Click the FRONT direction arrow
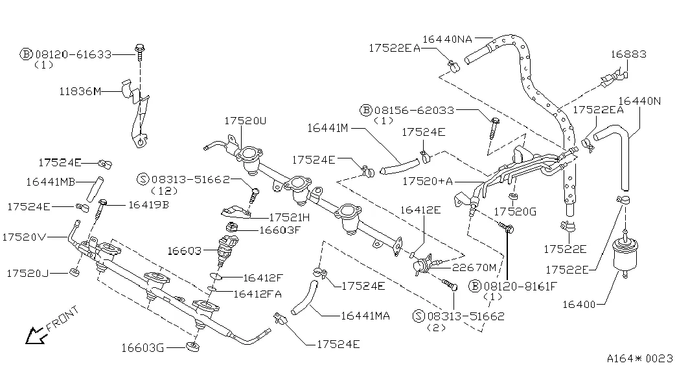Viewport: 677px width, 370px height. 32,335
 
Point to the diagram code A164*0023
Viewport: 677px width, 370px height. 639,358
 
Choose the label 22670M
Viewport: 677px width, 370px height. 474,267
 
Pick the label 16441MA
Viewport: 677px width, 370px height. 365,316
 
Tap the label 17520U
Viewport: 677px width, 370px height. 246,121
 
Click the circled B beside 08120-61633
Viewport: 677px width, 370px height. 27,54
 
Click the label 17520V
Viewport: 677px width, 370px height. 24,237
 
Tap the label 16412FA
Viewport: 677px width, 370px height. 257,294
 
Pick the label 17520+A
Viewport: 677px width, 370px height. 428,182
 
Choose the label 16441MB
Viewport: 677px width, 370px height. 52,182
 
